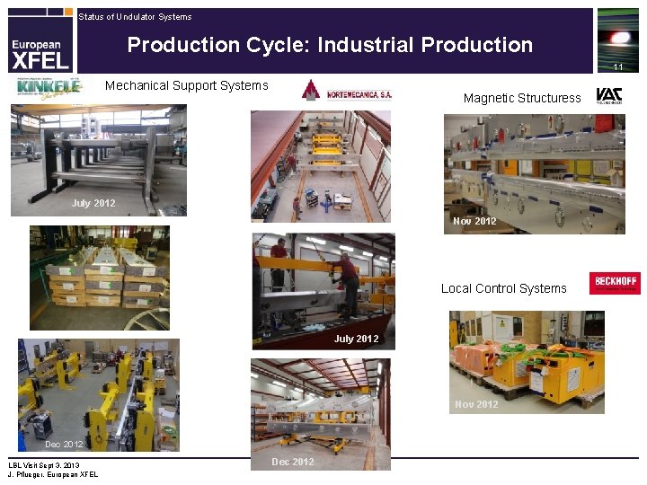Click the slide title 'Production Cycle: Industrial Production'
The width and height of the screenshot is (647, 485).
(330, 45)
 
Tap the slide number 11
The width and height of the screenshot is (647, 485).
(618, 67)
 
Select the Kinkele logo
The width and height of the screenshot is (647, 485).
(46, 88)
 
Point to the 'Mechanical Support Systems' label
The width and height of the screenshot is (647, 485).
(187, 85)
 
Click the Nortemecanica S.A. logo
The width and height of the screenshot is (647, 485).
(347, 91)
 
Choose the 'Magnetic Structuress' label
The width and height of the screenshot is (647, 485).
(522, 98)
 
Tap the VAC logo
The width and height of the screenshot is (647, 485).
(608, 96)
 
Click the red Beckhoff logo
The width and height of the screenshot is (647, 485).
(615, 283)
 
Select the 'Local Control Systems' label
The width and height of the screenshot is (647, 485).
(503, 288)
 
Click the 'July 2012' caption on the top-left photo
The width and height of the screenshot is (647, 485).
(93, 203)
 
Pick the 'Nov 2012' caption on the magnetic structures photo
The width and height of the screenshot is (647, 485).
(474, 221)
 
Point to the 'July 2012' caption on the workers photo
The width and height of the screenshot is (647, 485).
(356, 339)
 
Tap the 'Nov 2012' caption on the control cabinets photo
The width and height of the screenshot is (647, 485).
(476, 404)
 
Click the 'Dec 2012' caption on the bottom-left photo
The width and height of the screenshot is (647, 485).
(64, 444)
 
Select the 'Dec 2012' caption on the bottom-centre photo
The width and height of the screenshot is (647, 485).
(293, 462)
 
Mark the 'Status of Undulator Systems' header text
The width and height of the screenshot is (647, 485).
(135, 17)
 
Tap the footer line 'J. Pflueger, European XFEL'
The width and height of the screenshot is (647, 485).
(53, 474)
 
